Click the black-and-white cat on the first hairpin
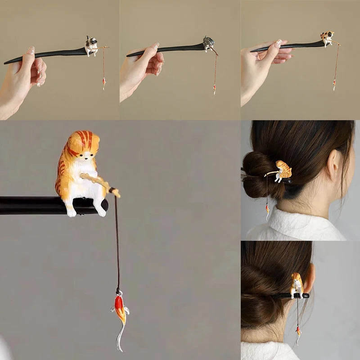[x=91, y=45]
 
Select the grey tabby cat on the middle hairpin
[x=208, y=43]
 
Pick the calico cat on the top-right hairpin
[x=328, y=38]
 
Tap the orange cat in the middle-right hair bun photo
[x=283, y=171]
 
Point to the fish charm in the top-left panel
[x=104, y=83]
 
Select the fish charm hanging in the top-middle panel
[x=214, y=88]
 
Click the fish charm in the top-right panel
[x=334, y=84]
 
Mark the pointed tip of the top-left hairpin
[x=6, y=63]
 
